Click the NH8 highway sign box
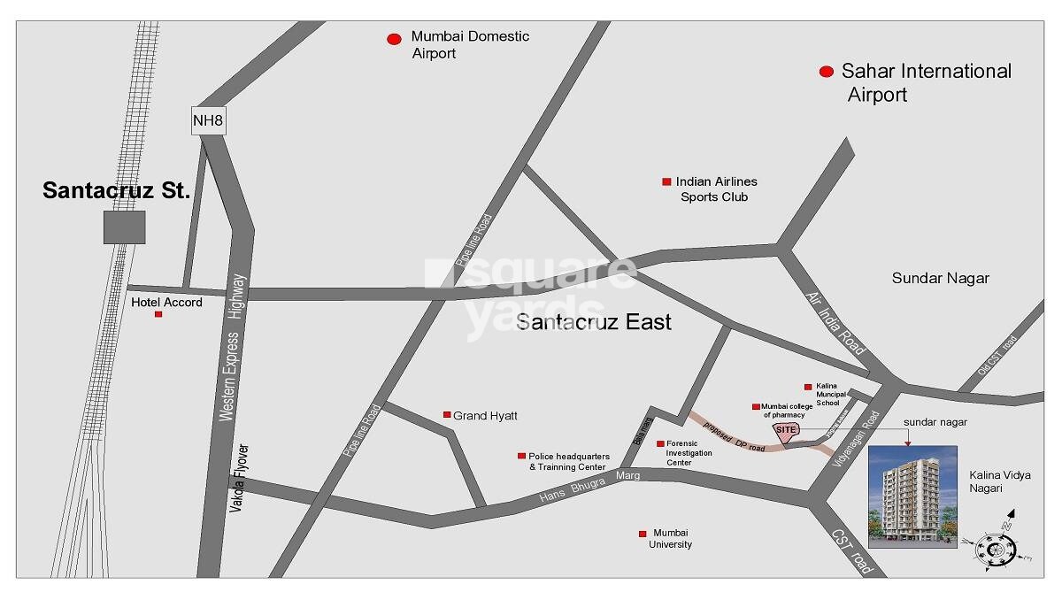(209, 120)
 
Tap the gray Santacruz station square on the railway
(125, 227)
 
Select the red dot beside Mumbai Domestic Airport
(394, 39)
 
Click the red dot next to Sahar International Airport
(827, 73)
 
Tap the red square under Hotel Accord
(158, 314)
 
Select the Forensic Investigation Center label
(689, 452)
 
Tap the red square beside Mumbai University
(643, 534)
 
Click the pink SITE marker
(787, 430)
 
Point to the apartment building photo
(912, 496)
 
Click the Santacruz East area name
(593, 322)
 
